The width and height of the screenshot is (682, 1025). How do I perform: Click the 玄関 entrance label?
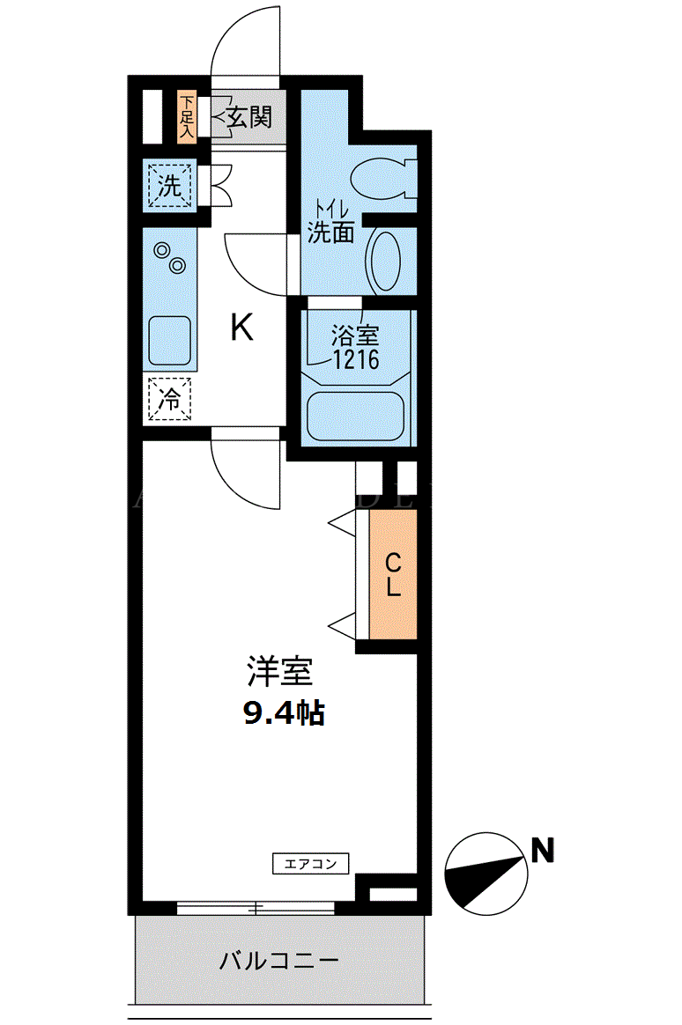click(249, 118)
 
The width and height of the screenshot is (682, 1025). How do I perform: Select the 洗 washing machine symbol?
click(169, 186)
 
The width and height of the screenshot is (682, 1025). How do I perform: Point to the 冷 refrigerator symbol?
click(169, 399)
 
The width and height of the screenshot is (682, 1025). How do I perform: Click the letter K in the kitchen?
click(242, 328)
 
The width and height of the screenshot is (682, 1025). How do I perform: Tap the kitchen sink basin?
click(169, 341)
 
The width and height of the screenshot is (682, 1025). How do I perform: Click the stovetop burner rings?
click(169, 258)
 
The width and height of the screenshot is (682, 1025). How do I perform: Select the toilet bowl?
click(383, 179)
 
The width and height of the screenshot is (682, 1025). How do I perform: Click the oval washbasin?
click(385, 261)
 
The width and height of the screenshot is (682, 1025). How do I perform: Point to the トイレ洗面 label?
click(331, 223)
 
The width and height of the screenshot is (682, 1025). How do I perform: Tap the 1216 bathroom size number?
click(356, 359)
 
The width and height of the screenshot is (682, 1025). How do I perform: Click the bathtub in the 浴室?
click(356, 416)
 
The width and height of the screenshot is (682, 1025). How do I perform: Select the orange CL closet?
click(393, 574)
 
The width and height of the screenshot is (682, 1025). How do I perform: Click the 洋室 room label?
click(280, 671)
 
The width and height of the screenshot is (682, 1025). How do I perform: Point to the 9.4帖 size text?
click(284, 712)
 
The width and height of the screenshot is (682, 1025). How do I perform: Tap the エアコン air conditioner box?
click(310, 864)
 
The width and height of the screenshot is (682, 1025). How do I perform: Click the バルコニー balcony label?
click(279, 961)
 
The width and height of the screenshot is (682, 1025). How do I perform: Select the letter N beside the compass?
click(542, 851)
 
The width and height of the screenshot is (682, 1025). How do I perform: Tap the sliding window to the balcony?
click(256, 907)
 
